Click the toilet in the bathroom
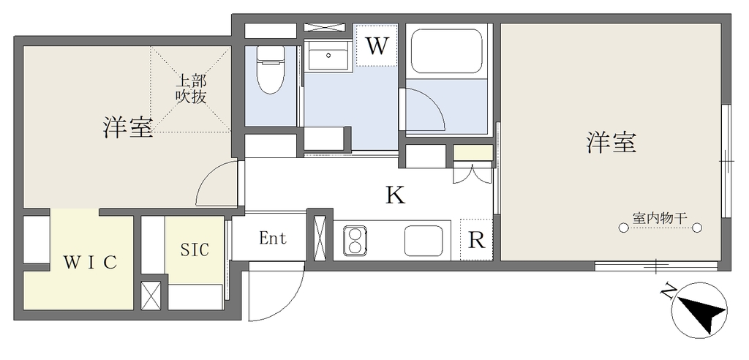(x=271, y=70)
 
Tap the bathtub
(x=448, y=51)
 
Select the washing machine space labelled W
(x=377, y=46)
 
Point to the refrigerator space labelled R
(x=476, y=240)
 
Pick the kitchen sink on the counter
(x=424, y=241)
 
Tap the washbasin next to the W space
(x=328, y=56)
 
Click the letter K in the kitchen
(x=396, y=195)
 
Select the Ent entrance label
(x=273, y=238)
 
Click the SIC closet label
(x=195, y=249)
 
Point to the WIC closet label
(x=90, y=262)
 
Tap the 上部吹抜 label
(x=191, y=89)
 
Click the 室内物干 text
(x=660, y=219)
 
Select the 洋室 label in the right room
(x=611, y=143)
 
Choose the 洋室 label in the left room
(x=129, y=127)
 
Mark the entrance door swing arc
(x=290, y=301)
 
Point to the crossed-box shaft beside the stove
(x=320, y=238)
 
